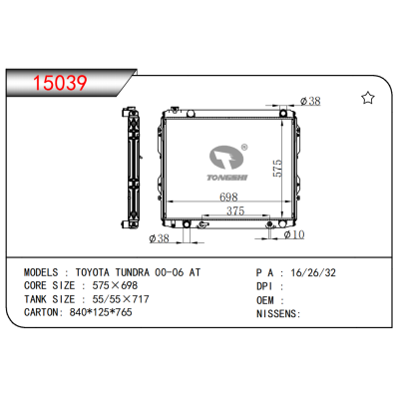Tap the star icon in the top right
coord(367,97)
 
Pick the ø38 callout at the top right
coord(310,101)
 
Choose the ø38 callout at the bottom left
coord(159,238)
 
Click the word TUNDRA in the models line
coord(152,270)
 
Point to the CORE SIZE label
coord(51,284)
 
